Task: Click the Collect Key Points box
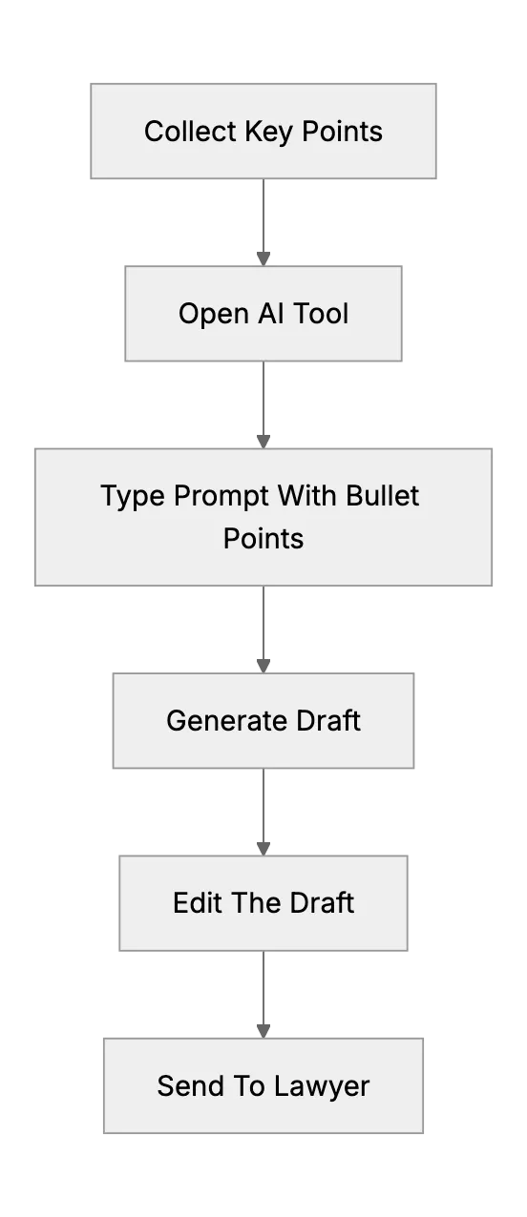click(263, 131)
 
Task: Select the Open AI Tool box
click(263, 314)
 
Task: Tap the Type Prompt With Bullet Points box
click(263, 517)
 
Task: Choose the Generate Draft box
click(263, 720)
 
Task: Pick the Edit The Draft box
click(263, 903)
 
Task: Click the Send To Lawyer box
click(263, 1085)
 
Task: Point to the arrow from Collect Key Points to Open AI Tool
click(263, 222)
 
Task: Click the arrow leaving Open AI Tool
click(263, 404)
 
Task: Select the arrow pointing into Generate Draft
click(263, 629)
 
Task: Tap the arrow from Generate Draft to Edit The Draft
click(263, 813)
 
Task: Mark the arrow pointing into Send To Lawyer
click(263, 995)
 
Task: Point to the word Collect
click(190, 132)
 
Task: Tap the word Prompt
click(221, 497)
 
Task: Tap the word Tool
click(321, 314)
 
